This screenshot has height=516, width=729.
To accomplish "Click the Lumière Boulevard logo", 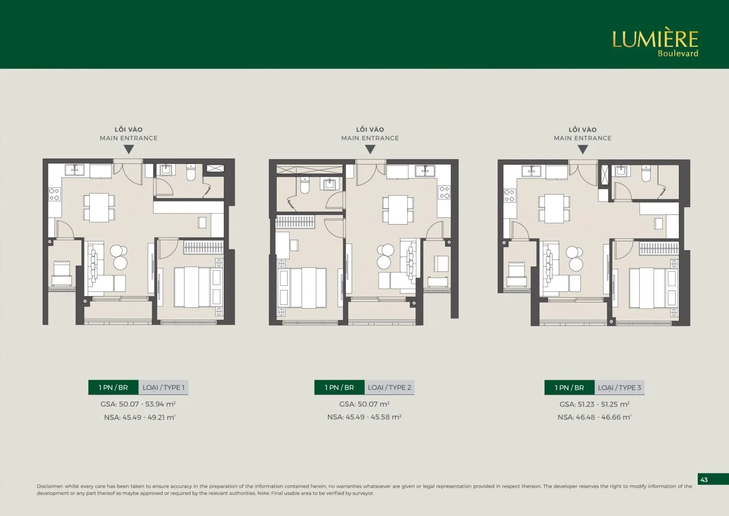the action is (655, 43).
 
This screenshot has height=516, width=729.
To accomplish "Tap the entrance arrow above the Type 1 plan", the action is (128, 149).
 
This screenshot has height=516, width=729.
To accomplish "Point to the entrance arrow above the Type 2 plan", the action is (370, 149).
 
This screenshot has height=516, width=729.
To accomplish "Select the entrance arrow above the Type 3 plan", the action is (583, 150).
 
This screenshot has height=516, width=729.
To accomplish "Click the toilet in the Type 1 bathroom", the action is (191, 173).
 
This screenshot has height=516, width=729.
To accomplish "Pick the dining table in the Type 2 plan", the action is (398, 210).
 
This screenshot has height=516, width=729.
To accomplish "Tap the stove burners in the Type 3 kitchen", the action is (510, 195).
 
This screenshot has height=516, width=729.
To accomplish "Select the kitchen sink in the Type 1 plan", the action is (74, 170).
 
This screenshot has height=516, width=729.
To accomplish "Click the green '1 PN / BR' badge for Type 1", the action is (113, 387).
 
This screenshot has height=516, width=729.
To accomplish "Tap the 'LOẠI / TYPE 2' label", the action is (390, 387).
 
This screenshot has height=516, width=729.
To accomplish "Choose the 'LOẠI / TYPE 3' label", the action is (619, 388).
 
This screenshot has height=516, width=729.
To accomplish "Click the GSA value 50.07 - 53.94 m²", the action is (138, 404).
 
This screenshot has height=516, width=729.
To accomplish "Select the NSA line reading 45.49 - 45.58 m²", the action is (364, 417).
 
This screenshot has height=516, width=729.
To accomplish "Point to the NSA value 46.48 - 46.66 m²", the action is (594, 417).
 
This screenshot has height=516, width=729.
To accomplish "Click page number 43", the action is (704, 480).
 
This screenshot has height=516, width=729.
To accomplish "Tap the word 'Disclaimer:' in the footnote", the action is (50, 486).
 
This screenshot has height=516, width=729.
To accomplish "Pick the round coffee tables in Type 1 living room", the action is (119, 257).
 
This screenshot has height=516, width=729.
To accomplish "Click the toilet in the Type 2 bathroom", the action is (304, 185).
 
